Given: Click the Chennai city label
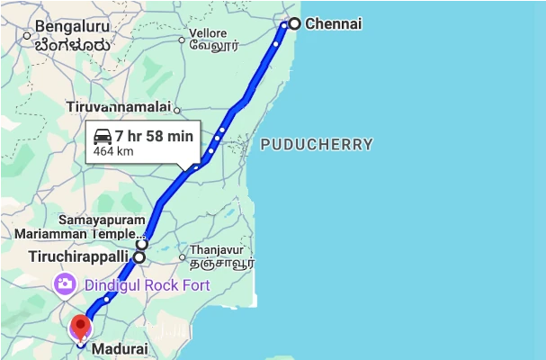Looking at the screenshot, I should [x=333, y=23].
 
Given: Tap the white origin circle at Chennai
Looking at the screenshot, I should [x=293, y=23].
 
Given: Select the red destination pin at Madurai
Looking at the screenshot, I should [x=81, y=326].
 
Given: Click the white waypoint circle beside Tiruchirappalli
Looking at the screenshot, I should [x=139, y=257].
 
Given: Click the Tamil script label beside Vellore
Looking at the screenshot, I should [x=219, y=42].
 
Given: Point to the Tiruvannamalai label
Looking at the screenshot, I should [x=118, y=107].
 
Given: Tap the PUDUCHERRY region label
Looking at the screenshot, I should [x=317, y=144].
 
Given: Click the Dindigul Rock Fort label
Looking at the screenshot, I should [x=148, y=285].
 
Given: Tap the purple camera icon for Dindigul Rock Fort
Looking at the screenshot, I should [x=64, y=285].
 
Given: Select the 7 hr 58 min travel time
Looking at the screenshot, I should [x=154, y=137].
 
